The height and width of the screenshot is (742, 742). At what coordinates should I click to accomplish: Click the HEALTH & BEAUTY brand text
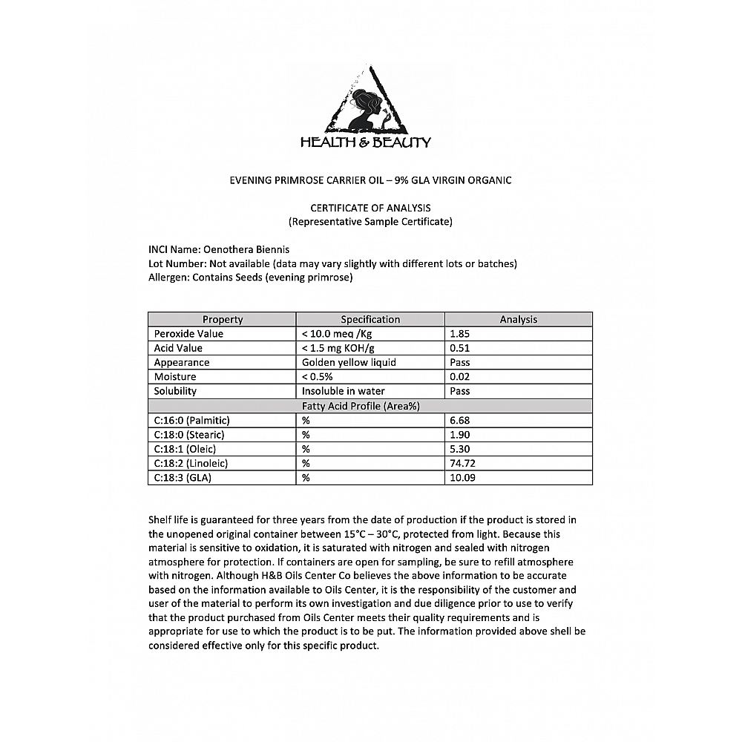pyautogui.click(x=365, y=142)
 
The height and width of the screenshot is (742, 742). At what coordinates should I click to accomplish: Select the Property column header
pyautogui.click(x=223, y=319)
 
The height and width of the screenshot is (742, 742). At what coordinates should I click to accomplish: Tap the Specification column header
pyautogui.click(x=370, y=319)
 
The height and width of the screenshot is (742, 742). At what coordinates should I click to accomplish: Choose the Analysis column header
pyautogui.click(x=518, y=319)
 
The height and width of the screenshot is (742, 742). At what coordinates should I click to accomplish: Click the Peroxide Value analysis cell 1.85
pyautogui.click(x=460, y=334)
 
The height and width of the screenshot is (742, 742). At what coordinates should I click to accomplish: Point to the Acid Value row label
pyautogui.click(x=178, y=348)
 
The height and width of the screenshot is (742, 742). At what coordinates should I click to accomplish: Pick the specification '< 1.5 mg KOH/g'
pyautogui.click(x=338, y=348)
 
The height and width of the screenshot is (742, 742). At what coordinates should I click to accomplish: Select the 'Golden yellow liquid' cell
pyautogui.click(x=349, y=362)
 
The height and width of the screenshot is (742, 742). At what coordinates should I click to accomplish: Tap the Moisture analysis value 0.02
pyautogui.click(x=460, y=377)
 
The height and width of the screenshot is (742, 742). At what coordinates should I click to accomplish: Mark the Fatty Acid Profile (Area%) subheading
pyautogui.click(x=370, y=406)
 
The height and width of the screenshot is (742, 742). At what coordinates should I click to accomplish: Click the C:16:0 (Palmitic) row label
pyautogui.click(x=191, y=420)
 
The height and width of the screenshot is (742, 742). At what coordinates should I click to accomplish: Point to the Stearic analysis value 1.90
pyautogui.click(x=460, y=434)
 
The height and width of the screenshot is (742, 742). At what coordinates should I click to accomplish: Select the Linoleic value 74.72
pyautogui.click(x=462, y=463)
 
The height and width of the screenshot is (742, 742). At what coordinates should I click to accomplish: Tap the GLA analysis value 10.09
pyautogui.click(x=462, y=478)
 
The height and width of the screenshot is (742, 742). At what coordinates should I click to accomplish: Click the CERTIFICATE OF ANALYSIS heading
pyautogui.click(x=370, y=208)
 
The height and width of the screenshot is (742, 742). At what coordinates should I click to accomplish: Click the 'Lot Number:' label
pyautogui.click(x=177, y=263)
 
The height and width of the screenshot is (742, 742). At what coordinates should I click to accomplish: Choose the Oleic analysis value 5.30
pyautogui.click(x=460, y=449)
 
